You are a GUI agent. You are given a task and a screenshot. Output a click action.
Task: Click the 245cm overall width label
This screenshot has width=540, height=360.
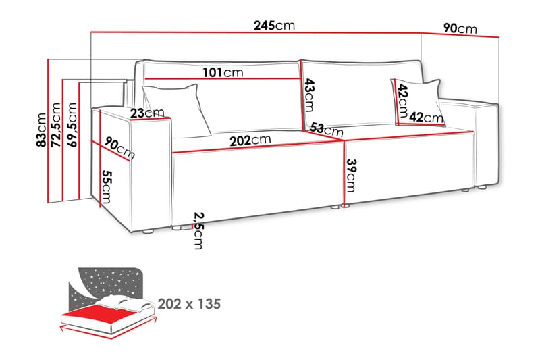click(274, 26)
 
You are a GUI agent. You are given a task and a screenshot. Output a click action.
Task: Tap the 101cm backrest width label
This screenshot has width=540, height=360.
click(223, 72)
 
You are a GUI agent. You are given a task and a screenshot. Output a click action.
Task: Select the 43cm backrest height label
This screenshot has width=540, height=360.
click(309, 95)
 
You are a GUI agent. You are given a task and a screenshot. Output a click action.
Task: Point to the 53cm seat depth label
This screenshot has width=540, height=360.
click(327, 130)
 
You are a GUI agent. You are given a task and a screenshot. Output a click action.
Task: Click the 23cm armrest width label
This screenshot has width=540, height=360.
click(147, 113)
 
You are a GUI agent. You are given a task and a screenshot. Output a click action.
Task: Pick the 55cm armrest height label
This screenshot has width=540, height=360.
click(107, 186)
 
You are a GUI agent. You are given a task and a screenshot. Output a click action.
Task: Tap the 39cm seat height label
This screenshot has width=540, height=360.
click(351, 176)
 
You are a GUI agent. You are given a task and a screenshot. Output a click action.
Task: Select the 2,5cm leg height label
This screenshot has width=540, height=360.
click(198, 230)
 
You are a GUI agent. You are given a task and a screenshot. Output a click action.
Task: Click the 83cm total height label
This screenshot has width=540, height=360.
click(41, 130)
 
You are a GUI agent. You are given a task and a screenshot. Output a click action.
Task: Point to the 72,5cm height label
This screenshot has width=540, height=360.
click(55, 125)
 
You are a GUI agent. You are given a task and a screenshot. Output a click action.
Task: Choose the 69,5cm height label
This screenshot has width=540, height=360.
click(72, 125)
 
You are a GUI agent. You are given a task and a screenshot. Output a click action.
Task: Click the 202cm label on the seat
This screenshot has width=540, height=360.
click(250, 140)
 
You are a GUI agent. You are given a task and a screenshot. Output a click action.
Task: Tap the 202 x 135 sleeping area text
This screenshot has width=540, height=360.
click(189, 304)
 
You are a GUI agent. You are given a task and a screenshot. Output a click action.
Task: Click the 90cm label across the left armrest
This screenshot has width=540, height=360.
click(119, 148)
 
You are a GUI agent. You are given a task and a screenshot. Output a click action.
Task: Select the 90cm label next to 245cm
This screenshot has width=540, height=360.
click(460, 28)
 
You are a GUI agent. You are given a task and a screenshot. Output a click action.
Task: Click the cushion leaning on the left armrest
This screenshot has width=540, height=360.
click(177, 110)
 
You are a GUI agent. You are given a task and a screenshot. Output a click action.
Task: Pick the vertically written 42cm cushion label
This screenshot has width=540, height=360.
click(402, 101)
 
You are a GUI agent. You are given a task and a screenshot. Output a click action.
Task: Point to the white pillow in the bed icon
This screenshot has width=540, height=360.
click(125, 304)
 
